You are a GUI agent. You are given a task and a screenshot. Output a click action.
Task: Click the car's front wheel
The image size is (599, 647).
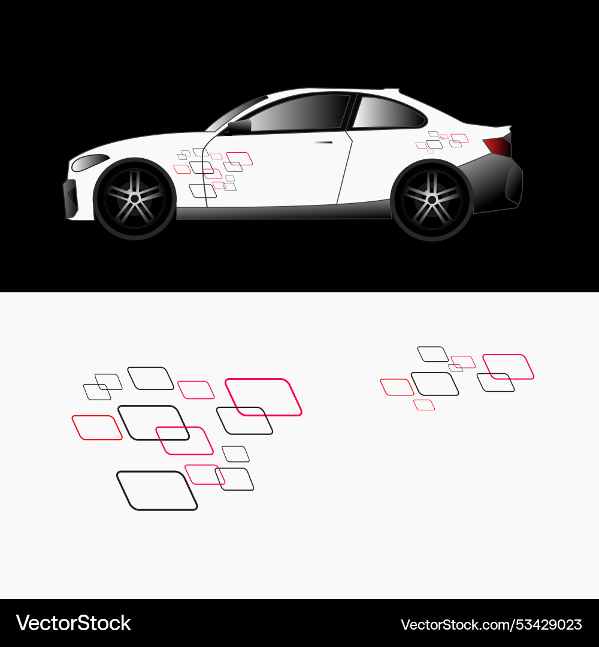pyautogui.click(x=135, y=198)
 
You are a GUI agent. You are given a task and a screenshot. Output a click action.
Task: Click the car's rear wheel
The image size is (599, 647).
pyautogui.click(x=431, y=199)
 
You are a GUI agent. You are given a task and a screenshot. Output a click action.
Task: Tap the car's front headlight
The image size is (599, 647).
pyautogui.click(x=90, y=161)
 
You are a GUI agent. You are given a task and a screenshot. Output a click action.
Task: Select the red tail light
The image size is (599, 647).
pyautogui.click(x=497, y=146)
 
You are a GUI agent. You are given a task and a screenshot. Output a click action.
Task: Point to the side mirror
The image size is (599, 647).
pyautogui.click(x=240, y=127)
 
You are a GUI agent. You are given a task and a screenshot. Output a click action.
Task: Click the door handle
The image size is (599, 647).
pyautogui.click(x=323, y=142)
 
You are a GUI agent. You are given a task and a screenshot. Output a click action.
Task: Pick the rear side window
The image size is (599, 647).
pyautogui.click(x=388, y=113)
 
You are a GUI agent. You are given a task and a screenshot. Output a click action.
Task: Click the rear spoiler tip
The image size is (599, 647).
pyautogui.click(x=509, y=128)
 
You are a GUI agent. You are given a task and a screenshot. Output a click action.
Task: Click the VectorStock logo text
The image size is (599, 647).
pyautogui.click(x=73, y=623)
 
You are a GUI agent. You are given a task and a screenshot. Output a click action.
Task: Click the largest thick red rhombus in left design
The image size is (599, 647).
pyautogui.click(x=264, y=397)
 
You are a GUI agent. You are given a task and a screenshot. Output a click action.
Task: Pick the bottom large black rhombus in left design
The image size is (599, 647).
pyautogui.click(x=157, y=491)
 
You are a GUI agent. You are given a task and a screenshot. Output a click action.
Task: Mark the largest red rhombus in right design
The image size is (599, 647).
pyautogui.click(x=508, y=367)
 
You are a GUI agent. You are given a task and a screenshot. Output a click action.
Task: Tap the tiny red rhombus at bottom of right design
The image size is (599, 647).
pyautogui.click(x=424, y=405)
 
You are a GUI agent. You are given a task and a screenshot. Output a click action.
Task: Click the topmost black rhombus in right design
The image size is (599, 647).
pyautogui.click(x=432, y=354)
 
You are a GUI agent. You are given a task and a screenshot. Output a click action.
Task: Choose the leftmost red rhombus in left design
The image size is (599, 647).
pyautogui.click(x=97, y=428)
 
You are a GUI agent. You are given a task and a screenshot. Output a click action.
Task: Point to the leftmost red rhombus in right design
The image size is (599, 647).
pyautogui.click(x=397, y=387)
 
